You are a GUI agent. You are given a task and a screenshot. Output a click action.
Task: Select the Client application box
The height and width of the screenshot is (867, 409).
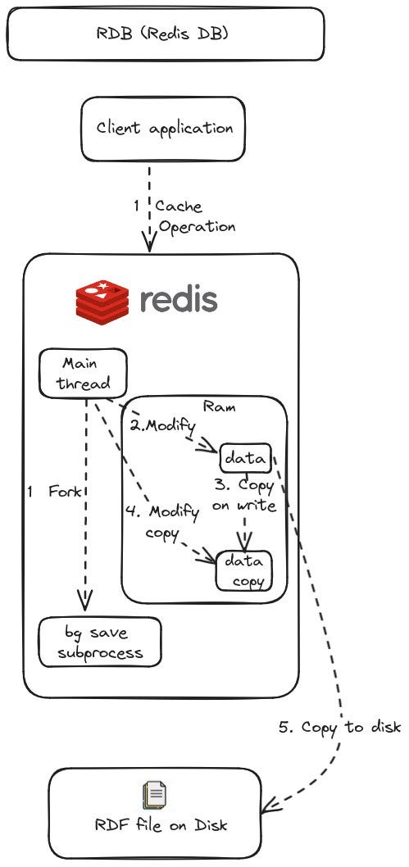point(164,129)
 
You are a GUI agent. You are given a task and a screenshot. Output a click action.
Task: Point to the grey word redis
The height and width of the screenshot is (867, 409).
point(178,300)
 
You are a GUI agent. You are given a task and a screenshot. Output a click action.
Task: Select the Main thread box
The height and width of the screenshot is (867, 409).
point(84,372)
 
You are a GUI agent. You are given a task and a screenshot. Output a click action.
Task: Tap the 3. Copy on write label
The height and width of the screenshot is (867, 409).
point(243,496)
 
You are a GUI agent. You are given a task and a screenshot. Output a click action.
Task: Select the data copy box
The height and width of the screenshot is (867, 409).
point(243,570)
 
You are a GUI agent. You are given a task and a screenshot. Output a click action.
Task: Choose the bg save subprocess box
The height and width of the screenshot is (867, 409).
point(99,642)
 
